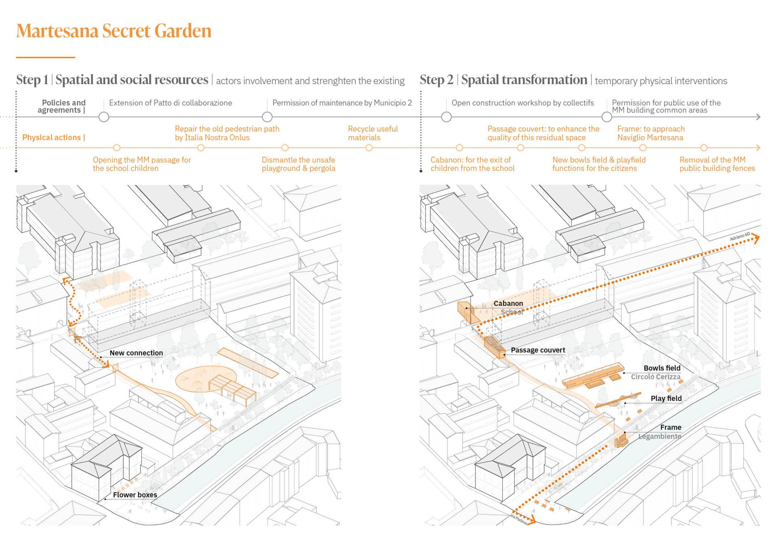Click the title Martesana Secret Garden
(114, 31)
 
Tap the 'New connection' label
(136, 353)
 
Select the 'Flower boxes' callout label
(135, 495)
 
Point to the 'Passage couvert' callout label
(537, 350)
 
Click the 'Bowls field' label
(662, 368)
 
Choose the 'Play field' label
(666, 398)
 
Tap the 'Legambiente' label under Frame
(660, 436)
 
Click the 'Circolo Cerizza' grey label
(656, 377)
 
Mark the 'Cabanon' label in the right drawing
(508, 303)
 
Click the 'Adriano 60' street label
(740, 236)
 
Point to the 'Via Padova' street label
(518, 519)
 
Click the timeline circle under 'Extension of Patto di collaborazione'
(104, 117)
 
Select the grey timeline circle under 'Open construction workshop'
(446, 117)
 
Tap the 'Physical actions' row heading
(53, 138)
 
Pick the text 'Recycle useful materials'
(372, 133)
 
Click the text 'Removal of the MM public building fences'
(717, 164)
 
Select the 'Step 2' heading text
(437, 80)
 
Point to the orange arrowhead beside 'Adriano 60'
(755, 239)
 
